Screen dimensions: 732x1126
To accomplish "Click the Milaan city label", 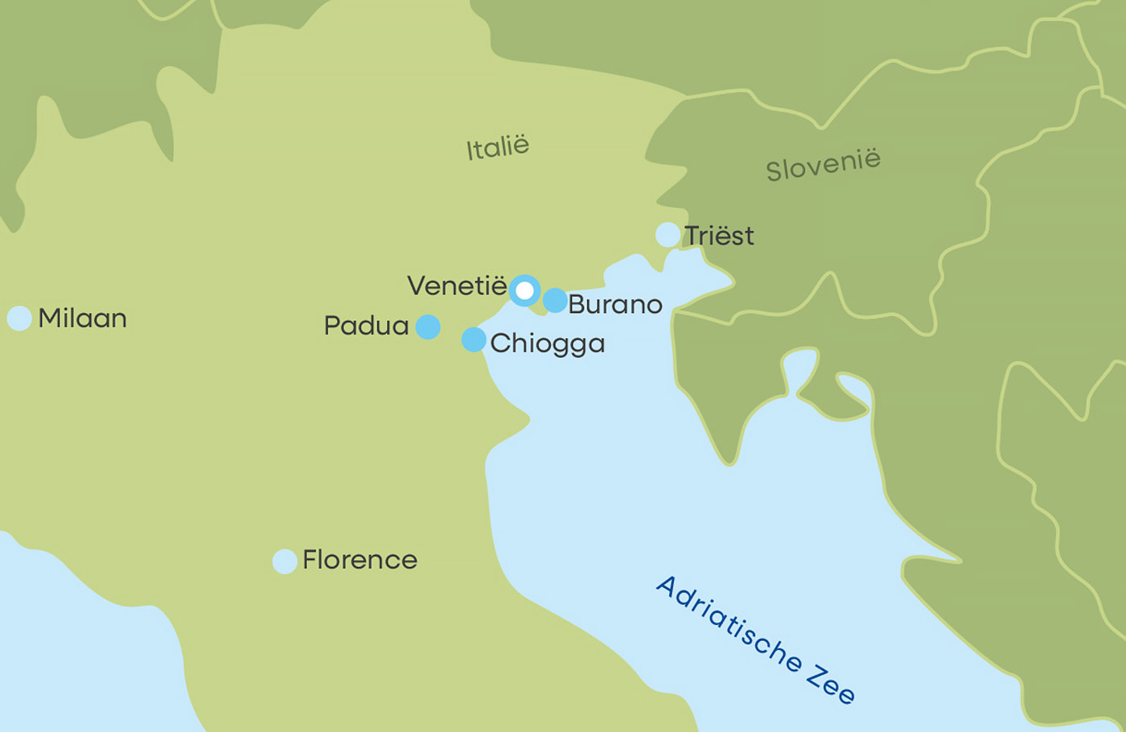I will coord(82,319).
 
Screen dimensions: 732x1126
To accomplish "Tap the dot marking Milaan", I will coord(19,319).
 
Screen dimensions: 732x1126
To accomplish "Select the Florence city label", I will coord(360,560).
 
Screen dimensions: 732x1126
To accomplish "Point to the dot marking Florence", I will coord(285,561).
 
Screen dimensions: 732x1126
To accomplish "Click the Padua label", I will coord(366,326).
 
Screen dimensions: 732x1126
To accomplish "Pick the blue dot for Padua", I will coord(428,327).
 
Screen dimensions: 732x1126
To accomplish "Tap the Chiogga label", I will coord(547,343).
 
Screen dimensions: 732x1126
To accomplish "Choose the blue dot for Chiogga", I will coord(474,339).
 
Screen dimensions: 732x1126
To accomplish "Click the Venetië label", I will coord(457,286).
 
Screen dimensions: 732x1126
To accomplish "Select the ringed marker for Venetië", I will coord(524,290).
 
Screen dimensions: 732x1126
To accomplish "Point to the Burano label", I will coord(614,304).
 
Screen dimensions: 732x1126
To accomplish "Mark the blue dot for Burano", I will coord(555,301).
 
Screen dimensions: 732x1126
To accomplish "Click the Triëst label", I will coord(719,236).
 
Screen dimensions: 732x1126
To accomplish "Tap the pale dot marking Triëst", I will coord(668,235).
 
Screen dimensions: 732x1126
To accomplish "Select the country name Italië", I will coord(498,147).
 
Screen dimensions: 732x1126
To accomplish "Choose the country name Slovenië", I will coord(823,165).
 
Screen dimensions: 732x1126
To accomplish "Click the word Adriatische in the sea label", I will coord(729,624).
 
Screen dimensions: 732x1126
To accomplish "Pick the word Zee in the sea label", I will coord(831,683).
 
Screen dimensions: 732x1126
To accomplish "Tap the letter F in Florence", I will coord(310,560).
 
